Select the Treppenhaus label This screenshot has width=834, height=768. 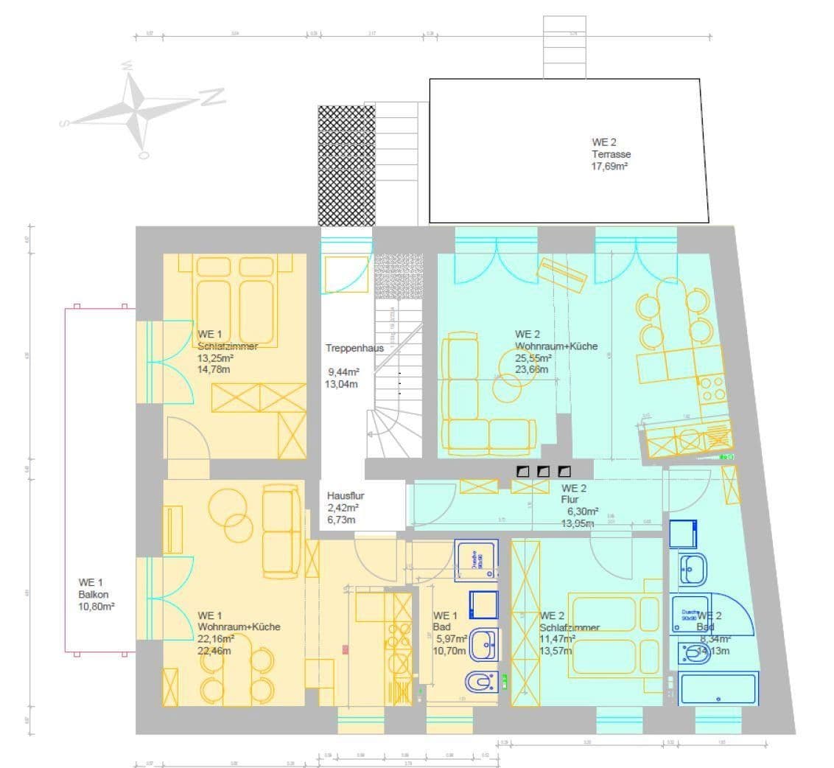click(x=354, y=348)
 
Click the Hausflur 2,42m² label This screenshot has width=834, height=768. click(x=343, y=501)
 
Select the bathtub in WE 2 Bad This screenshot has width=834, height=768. click(x=718, y=688)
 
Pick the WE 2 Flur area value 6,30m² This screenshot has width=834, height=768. click(x=582, y=512)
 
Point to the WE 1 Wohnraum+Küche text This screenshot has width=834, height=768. click(x=239, y=626)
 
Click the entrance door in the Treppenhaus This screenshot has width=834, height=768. click(x=345, y=273)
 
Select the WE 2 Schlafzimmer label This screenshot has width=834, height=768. click(x=570, y=627)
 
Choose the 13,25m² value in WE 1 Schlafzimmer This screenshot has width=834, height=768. click(x=214, y=358)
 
